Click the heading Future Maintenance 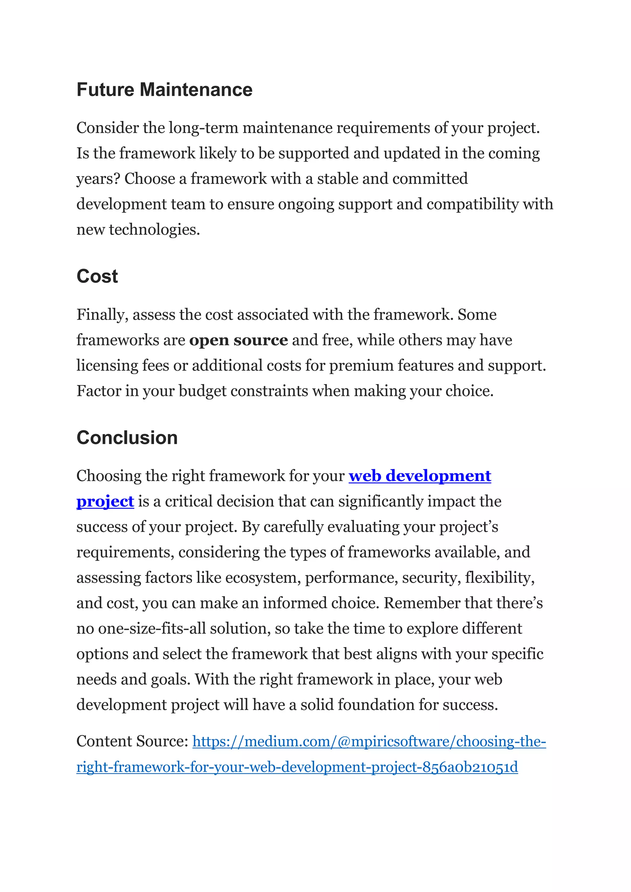pyautogui.click(x=164, y=90)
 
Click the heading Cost pyautogui.click(x=97, y=277)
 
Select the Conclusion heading pyautogui.click(x=127, y=438)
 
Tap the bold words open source pyautogui.click(x=238, y=340)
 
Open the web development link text pyautogui.click(x=420, y=476)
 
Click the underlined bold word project pyautogui.click(x=105, y=501)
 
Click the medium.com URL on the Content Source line pyautogui.click(x=369, y=742)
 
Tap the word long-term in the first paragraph pyautogui.click(x=203, y=128)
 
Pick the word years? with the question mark pyautogui.click(x=98, y=179)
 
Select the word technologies pyautogui.click(x=154, y=229)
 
